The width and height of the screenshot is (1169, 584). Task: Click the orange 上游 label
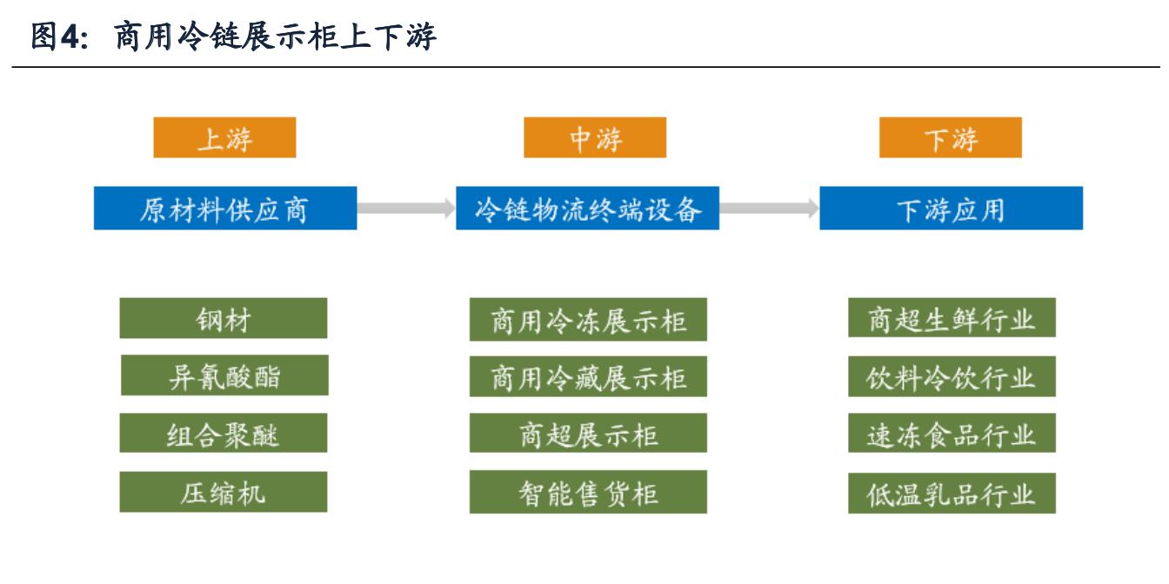[x=224, y=138]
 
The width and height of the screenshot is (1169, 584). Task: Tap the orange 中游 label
[x=595, y=138]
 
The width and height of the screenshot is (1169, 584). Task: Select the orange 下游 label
[x=951, y=138]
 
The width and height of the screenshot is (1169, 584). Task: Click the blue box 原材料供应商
[x=224, y=209]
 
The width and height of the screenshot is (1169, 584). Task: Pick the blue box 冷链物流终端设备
[x=587, y=209]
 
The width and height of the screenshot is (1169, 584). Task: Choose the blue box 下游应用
[x=951, y=209]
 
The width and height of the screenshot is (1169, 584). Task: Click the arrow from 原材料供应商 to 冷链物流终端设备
[x=406, y=209]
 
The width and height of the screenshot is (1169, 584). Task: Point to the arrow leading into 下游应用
[x=769, y=209]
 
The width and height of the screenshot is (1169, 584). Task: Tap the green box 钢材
[x=224, y=319]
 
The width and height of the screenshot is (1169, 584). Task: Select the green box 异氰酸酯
[x=224, y=376]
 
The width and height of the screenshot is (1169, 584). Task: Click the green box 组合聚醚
[x=224, y=435]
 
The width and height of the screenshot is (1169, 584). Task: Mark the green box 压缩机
[x=224, y=493]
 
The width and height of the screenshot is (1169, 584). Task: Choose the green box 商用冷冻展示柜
[x=588, y=320]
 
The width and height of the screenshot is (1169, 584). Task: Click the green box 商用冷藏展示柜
[x=588, y=377]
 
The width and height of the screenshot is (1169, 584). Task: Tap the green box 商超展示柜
[x=588, y=435]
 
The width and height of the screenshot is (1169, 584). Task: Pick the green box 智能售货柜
[x=588, y=493]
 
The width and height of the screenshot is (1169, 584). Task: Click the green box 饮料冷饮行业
[x=952, y=376]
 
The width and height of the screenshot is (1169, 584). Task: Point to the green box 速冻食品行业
[x=952, y=435]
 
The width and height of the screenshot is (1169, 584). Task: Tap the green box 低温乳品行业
[x=952, y=493]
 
